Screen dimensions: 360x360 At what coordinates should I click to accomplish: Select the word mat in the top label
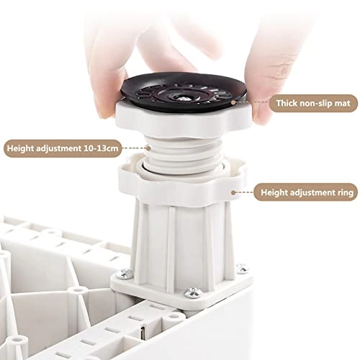point(342,104)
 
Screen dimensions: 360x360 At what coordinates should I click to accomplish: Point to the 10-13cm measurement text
point(101,148)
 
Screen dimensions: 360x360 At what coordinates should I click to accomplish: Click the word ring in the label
point(345,193)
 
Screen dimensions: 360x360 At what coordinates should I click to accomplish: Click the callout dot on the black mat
point(233,102)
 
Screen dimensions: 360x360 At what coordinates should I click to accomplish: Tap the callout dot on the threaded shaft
point(148,148)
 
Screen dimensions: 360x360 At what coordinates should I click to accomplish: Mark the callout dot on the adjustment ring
point(233,192)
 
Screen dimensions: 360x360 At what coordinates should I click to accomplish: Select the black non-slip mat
point(184,92)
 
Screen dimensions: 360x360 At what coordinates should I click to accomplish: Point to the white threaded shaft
point(182,153)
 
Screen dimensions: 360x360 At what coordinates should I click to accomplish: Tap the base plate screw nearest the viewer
point(193,292)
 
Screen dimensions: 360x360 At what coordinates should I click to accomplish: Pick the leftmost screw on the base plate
point(124,274)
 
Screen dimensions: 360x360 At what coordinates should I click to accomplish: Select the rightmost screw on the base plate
point(242,268)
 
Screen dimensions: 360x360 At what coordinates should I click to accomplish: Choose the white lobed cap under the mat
point(184,120)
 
